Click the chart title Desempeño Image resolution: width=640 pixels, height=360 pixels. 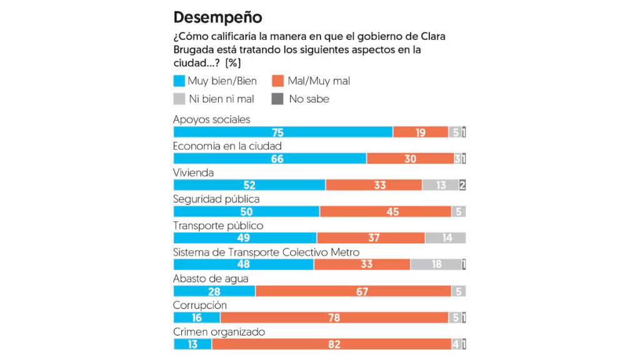217,17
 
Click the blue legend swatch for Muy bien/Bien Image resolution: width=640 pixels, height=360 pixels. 179,81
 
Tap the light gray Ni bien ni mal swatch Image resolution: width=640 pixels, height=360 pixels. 179,99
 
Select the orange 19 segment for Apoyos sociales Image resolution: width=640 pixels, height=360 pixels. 421,132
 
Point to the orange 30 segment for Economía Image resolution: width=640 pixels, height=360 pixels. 410,159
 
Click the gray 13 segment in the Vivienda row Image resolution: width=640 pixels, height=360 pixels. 441,185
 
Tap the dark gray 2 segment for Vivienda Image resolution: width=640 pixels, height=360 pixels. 462,185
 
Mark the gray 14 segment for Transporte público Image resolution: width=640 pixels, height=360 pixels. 445,238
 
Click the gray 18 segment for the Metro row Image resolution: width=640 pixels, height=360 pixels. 436,264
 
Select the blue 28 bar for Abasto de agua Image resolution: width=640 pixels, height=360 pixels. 214,291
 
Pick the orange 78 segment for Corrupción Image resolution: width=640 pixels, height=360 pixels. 334,317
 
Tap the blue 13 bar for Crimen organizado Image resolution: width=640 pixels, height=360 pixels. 192,344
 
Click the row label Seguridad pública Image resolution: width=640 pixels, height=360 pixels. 216,199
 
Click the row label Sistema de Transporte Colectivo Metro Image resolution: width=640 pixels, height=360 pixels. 266,252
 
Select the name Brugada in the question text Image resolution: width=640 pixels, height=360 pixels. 194,49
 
